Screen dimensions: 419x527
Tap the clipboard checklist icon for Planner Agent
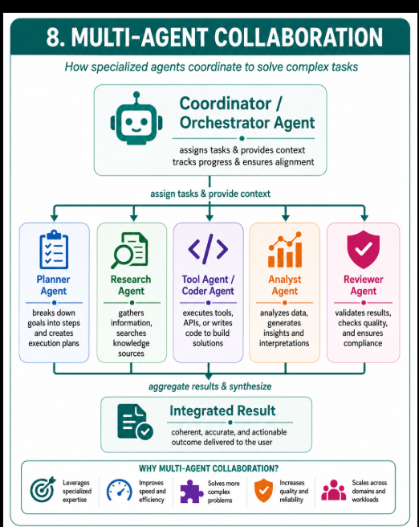pyautogui.click(x=54, y=249)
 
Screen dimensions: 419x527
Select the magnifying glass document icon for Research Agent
pyautogui.click(x=129, y=251)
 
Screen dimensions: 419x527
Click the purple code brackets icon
pyautogui.click(x=208, y=249)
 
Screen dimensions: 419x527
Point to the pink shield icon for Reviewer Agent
pyautogui.click(x=364, y=249)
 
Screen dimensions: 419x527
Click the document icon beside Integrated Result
pyautogui.click(x=135, y=422)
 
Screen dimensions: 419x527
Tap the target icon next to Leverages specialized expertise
pyautogui.click(x=43, y=489)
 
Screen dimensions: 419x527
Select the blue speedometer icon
pyautogui.click(x=119, y=490)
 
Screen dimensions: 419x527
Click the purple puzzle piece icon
pyautogui.click(x=191, y=491)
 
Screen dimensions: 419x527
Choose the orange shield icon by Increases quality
pyautogui.click(x=263, y=490)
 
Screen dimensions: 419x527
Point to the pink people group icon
pyautogui.click(x=333, y=490)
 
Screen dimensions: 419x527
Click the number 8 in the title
pyautogui.click(x=53, y=37)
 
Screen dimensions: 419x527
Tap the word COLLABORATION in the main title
pyautogui.click(x=298, y=37)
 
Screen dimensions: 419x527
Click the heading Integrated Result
pyautogui.click(x=222, y=411)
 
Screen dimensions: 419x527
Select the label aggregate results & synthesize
pyautogui.click(x=209, y=386)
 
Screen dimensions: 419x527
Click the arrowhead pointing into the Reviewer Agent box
pyautogui.click(x=364, y=218)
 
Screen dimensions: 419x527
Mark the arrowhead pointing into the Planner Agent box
pyautogui.click(x=54, y=218)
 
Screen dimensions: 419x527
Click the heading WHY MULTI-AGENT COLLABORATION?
pyautogui.click(x=209, y=468)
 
